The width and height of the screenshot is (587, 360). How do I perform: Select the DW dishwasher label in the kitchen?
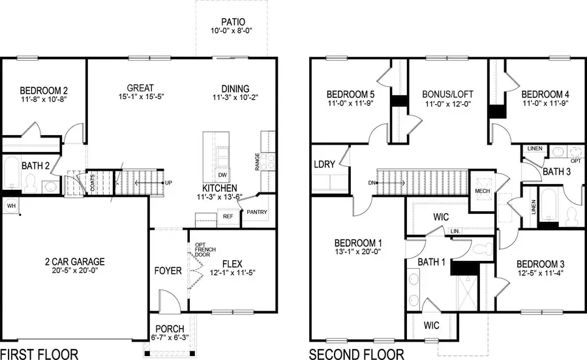[x=222, y=175]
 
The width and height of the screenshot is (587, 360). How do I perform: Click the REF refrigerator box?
[x=228, y=217]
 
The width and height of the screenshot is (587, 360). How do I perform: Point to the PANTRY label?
[x=256, y=213]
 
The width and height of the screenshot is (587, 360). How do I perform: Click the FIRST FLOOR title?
[x=40, y=353]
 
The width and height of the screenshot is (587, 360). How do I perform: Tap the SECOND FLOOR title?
[x=356, y=353]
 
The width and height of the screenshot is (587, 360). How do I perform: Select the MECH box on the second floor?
[x=482, y=191]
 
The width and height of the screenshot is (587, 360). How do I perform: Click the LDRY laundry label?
[x=324, y=164]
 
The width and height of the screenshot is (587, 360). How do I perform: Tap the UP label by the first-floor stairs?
[x=169, y=183]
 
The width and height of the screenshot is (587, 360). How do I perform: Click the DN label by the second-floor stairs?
[x=372, y=183]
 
